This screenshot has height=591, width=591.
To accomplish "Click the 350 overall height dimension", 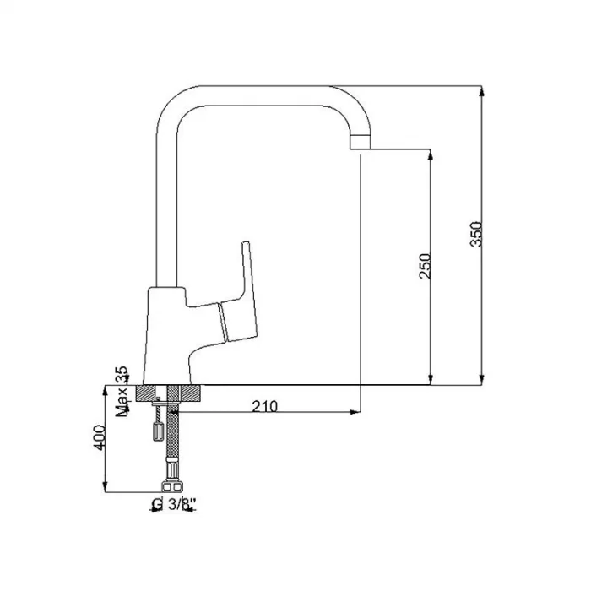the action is (476, 235).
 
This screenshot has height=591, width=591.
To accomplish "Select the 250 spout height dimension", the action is (425, 266).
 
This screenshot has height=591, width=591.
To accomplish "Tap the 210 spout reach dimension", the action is (264, 406).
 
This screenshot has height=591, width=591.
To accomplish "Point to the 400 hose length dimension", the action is (99, 437).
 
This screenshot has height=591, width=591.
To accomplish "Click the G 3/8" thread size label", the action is (174, 504).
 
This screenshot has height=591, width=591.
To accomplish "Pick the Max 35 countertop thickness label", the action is (122, 392).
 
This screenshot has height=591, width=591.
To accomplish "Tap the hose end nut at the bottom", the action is (172, 486).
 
